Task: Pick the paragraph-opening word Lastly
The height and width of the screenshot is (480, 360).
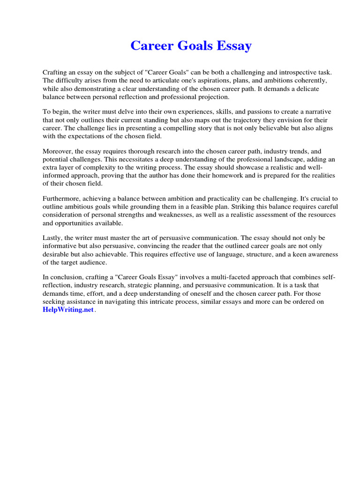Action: pos(52,238)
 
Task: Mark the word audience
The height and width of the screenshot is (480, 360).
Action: pos(99,262)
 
